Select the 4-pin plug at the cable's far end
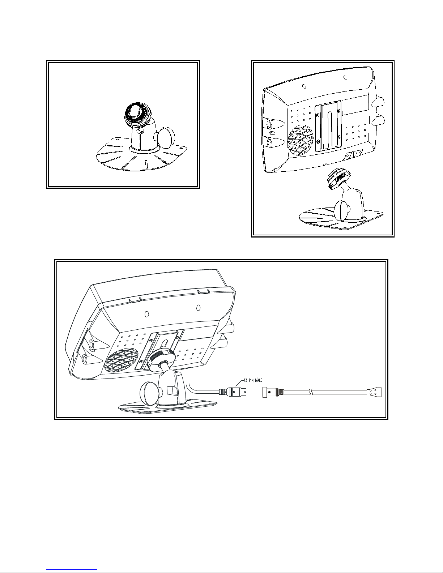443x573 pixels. pyautogui.click(x=374, y=392)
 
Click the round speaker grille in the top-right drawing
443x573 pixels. pyautogui.click(x=300, y=141)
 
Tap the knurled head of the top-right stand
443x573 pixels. pyautogui.click(x=338, y=178)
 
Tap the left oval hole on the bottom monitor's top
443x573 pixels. pyautogui.click(x=146, y=314)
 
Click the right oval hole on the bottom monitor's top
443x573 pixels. pyautogui.click(x=198, y=307)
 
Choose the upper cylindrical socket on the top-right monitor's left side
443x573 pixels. pyautogui.click(x=270, y=125)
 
